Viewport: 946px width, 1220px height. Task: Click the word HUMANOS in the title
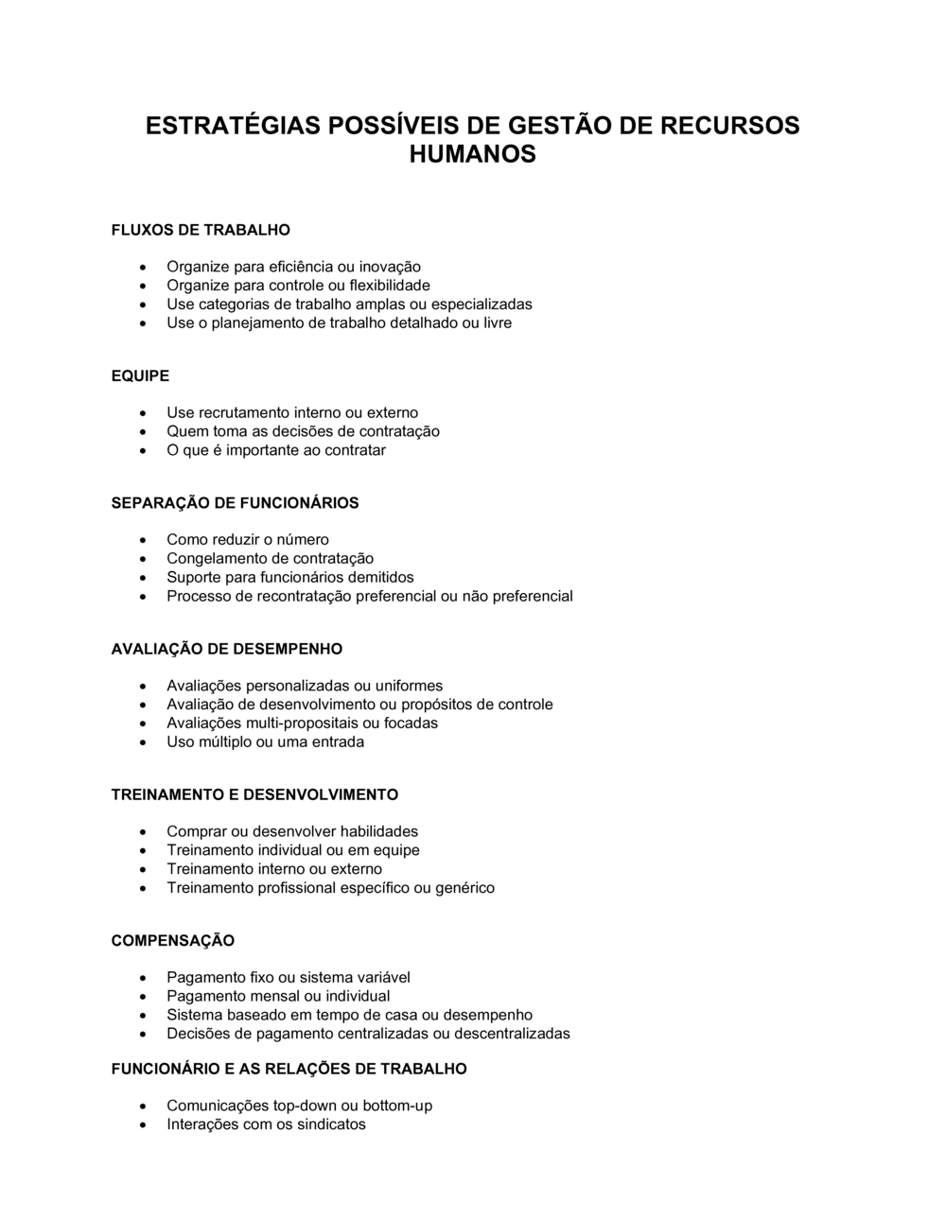click(472, 154)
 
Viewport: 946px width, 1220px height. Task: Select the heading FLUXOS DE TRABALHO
click(201, 230)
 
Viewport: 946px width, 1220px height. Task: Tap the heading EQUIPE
click(140, 375)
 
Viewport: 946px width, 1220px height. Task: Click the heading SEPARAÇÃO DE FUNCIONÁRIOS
click(235, 503)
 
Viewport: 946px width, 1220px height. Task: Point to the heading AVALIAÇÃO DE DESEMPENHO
click(227, 649)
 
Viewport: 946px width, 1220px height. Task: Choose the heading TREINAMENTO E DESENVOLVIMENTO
click(254, 794)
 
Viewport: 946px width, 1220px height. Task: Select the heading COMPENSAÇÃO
click(173, 940)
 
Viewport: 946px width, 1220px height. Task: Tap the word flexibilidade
click(390, 286)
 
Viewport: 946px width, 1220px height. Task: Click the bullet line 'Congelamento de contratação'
click(270, 558)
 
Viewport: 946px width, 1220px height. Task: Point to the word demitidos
click(381, 577)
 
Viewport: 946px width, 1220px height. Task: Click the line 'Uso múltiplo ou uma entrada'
click(265, 741)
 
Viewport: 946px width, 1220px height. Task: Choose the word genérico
click(464, 887)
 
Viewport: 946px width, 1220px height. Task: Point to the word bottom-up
click(397, 1106)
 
